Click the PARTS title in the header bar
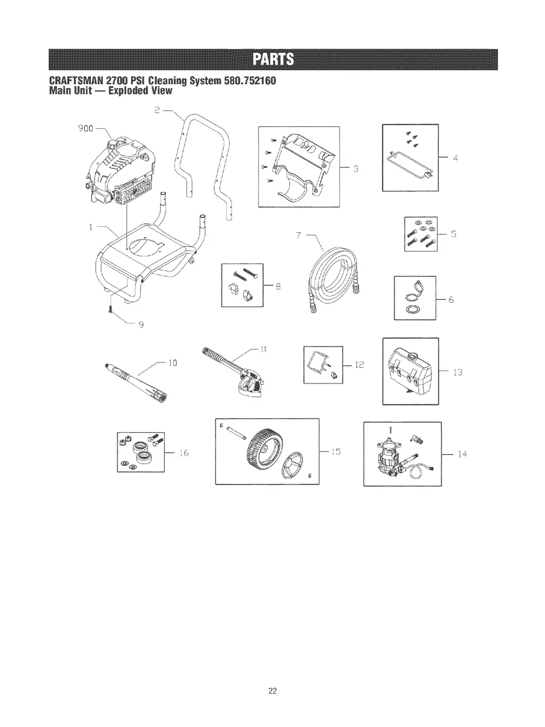[x=272, y=59]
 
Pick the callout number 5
[x=454, y=235]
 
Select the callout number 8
[x=277, y=286]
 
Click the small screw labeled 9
[x=111, y=309]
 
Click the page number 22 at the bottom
[x=272, y=691]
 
